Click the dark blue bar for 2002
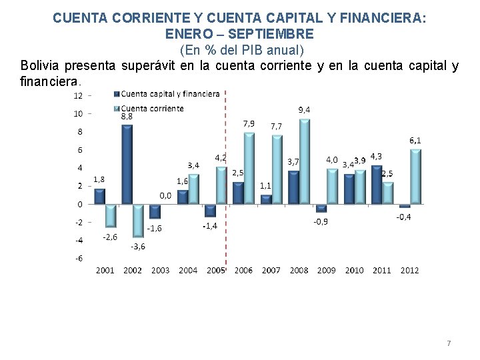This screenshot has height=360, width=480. tap(127, 164)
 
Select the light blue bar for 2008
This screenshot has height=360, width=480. tap(304, 161)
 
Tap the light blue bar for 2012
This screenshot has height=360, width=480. tap(415, 176)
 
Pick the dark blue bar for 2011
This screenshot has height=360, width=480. tap(377, 185)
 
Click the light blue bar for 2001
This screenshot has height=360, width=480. tap(111, 216)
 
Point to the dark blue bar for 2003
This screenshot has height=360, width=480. tap(155, 212)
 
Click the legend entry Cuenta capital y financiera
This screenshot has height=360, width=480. tap(167, 94)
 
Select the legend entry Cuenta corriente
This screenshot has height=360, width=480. tap(149, 109)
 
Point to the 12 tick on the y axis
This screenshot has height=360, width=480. tap(78, 96)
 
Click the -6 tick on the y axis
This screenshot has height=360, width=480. tap(79, 259)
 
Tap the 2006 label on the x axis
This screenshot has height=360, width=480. tap(243, 270)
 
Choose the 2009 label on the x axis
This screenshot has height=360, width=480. tap(326, 270)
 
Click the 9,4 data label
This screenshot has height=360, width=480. tap(304, 110)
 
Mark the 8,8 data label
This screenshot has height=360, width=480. tap(127, 117)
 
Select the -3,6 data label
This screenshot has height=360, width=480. tap(138, 247)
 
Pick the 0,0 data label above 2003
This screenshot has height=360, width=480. tap(165, 195)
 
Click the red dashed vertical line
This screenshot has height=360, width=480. tap(225, 177)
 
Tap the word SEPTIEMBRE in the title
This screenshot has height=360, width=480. tap(271, 34)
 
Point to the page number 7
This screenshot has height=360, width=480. tap(449, 343)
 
